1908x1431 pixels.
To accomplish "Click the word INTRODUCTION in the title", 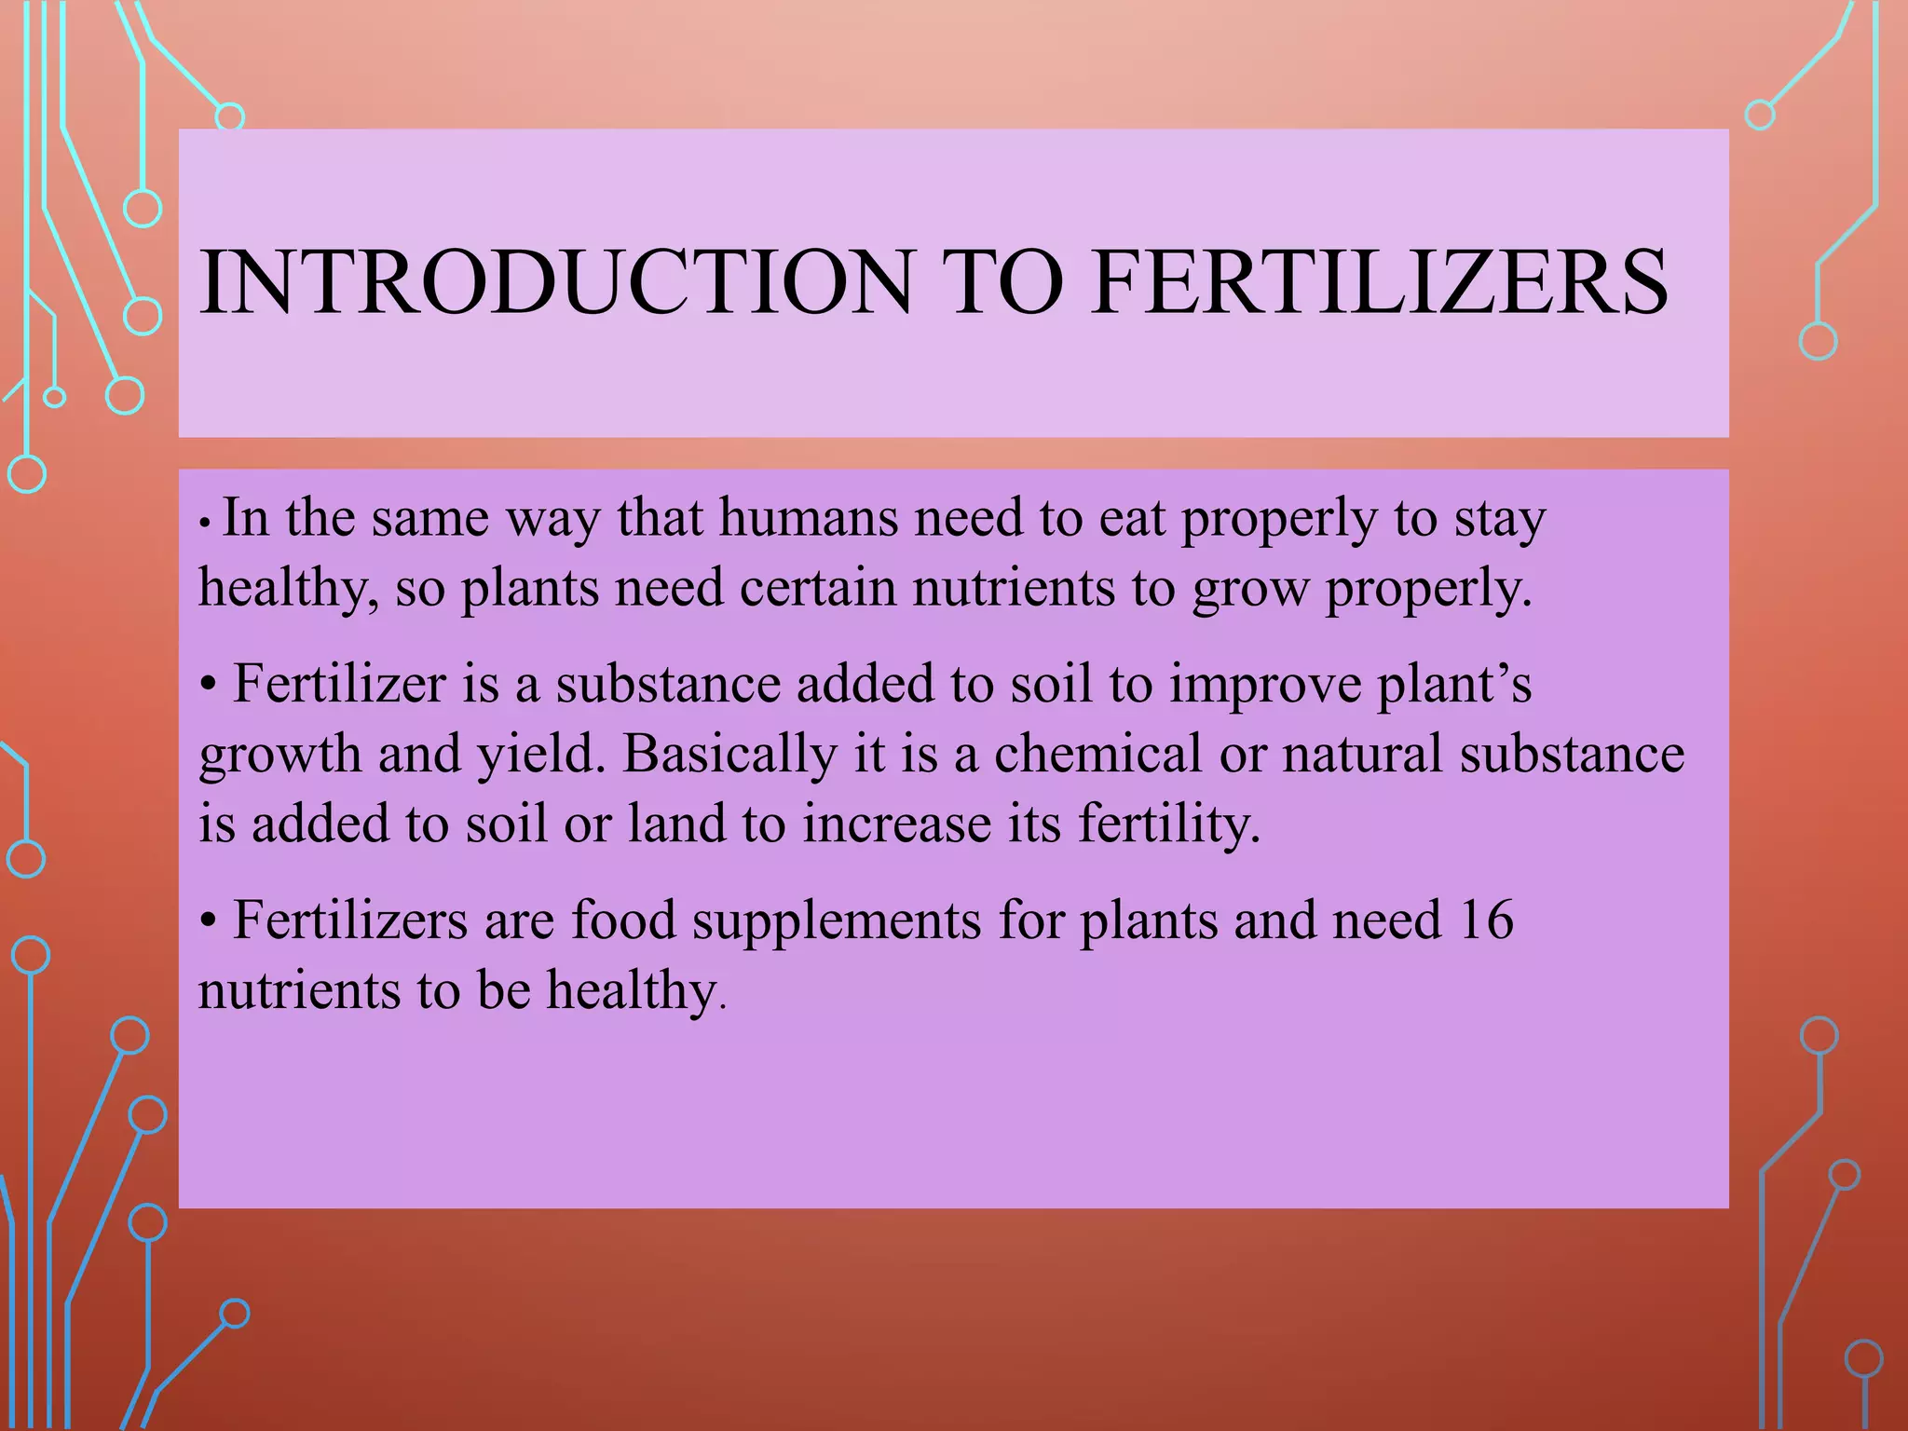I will tap(556, 282).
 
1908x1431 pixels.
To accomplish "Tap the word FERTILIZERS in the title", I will tap(1380, 282).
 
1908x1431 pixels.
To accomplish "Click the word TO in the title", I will tap(1002, 282).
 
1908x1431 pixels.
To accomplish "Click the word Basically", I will tap(729, 755).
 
